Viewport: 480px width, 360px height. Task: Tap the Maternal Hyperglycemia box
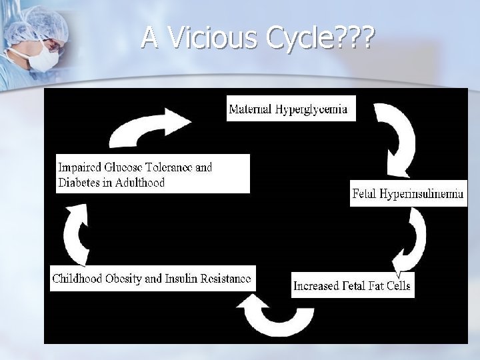(291, 109)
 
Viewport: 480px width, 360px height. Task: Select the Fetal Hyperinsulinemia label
(408, 194)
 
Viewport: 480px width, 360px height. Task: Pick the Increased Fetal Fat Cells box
(353, 286)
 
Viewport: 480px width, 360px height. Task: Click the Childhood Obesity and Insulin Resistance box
(152, 278)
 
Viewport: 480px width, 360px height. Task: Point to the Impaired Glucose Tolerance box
(153, 173)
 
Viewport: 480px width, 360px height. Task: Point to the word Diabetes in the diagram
(79, 182)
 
